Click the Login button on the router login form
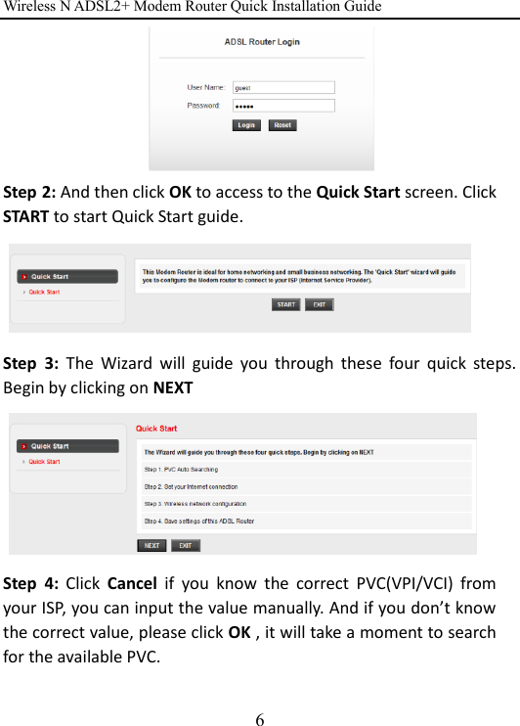(246, 125)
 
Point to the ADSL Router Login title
(261, 43)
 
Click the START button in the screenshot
(285, 304)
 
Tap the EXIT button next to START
(319, 304)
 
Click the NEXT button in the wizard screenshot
(152, 545)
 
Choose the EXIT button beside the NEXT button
(186, 545)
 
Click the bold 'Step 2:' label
(29, 192)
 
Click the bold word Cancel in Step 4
(131, 585)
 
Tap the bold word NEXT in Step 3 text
(171, 387)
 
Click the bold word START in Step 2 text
(26, 214)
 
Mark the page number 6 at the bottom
(259, 719)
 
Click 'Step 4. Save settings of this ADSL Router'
(199, 521)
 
